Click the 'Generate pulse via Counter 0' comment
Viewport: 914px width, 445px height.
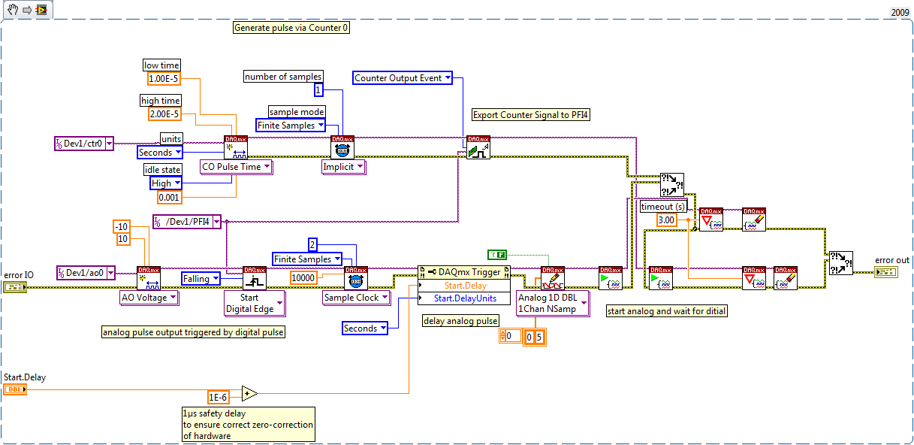pos(291,28)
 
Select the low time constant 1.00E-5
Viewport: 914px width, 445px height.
pos(162,79)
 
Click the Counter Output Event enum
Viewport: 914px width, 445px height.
pos(403,77)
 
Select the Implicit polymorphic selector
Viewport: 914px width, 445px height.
pos(343,167)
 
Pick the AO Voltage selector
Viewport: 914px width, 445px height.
pos(149,298)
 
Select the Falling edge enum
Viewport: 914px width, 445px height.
pos(201,279)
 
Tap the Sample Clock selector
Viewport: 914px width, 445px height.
pos(356,298)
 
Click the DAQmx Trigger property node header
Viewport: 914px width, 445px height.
pos(463,271)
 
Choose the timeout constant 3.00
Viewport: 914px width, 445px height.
pos(666,219)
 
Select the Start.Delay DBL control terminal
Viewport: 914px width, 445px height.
pos(15,389)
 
